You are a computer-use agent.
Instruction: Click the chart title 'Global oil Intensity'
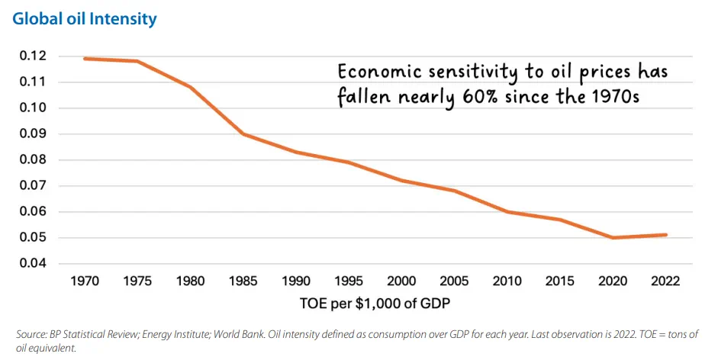pos(84,19)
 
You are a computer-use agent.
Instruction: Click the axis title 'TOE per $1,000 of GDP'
pos(375,305)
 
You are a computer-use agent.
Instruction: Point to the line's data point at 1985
pos(243,134)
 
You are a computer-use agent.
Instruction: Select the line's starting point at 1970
pos(85,59)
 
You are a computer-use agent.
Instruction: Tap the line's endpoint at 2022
pos(666,235)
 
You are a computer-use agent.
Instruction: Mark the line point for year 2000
pos(401,181)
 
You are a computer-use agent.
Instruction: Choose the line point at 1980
pos(190,87)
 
